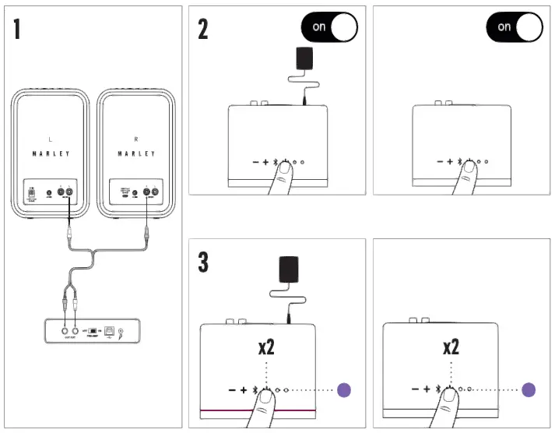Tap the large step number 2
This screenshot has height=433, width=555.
[203, 30]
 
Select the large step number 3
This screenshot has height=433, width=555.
[203, 262]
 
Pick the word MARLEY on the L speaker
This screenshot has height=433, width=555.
[51, 154]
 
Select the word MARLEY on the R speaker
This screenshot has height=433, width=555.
[136, 154]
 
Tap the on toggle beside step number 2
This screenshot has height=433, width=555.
[328, 26]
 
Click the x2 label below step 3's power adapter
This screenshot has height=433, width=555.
[265, 347]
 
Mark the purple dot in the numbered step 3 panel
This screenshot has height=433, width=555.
[344, 389]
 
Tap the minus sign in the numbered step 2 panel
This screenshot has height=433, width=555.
[255, 162]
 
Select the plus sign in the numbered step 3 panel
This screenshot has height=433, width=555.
[243, 389]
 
